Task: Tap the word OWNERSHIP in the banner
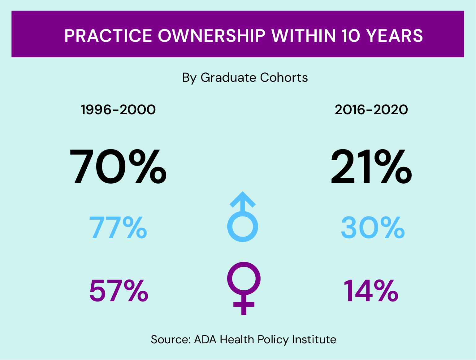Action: pyautogui.click(x=212, y=36)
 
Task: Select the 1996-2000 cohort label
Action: pyautogui.click(x=118, y=110)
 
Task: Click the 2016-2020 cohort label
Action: pyautogui.click(x=371, y=110)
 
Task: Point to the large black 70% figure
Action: pyautogui.click(x=118, y=167)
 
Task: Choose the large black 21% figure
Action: pyautogui.click(x=371, y=167)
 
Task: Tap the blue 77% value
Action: pyautogui.click(x=118, y=228)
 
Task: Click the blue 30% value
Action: pyautogui.click(x=373, y=228)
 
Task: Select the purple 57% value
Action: pyautogui.click(x=119, y=291)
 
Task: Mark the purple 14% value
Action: pyautogui.click(x=371, y=291)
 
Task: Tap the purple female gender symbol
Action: pyautogui.click(x=244, y=288)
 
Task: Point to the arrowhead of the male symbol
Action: pyautogui.click(x=243, y=198)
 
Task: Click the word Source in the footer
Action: pyautogui.click(x=170, y=340)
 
